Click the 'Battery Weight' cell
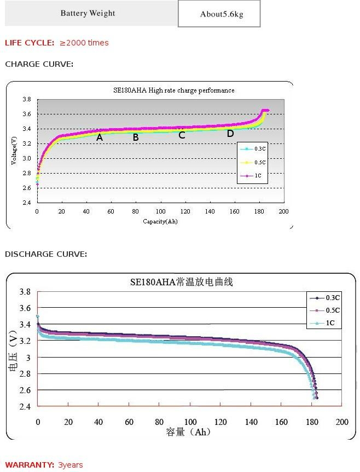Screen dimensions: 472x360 (88, 13)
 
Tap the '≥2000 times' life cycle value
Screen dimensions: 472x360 (84, 43)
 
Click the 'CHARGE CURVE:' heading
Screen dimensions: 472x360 (39, 65)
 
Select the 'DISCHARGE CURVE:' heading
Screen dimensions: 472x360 (46, 254)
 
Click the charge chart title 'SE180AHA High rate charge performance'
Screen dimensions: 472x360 (174, 90)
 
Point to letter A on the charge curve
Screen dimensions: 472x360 (100, 138)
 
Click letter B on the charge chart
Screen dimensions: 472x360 (136, 137)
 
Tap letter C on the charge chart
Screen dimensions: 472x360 (182, 135)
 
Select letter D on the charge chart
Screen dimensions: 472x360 (230, 133)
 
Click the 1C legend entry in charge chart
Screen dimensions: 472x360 (252, 176)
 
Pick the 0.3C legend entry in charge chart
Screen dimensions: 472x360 (252, 148)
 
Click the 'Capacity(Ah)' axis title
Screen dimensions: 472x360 (160, 221)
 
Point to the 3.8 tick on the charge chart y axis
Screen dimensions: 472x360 (26, 99)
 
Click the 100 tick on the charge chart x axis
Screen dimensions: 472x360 (160, 211)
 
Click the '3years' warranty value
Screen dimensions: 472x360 (71, 465)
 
